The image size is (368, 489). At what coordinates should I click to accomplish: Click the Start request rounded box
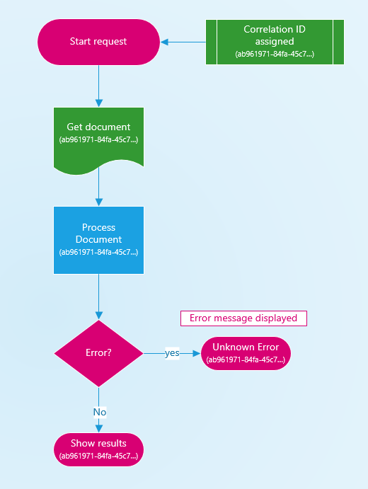[98, 42]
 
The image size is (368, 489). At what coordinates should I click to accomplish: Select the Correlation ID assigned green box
[275, 42]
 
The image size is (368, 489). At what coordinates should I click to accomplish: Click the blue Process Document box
[98, 240]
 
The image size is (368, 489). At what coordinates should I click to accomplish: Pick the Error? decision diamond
[98, 352]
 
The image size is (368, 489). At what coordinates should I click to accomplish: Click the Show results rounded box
[98, 449]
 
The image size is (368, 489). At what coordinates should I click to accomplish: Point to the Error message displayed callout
[243, 318]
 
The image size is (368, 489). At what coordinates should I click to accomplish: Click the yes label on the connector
[172, 353]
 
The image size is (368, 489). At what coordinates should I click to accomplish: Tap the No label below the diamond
[99, 412]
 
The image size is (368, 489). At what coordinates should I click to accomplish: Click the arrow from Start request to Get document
[98, 85]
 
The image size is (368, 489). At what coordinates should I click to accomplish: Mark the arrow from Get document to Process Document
[98, 188]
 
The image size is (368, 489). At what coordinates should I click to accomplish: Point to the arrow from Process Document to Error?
[98, 297]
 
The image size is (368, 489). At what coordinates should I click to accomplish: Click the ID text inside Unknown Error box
[246, 359]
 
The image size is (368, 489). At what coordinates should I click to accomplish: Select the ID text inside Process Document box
[98, 251]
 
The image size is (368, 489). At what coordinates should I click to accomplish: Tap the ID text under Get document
[98, 140]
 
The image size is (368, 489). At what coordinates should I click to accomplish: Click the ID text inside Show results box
[98, 456]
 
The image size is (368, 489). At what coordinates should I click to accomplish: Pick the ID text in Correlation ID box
[275, 54]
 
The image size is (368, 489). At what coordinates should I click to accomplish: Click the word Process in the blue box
[98, 228]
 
